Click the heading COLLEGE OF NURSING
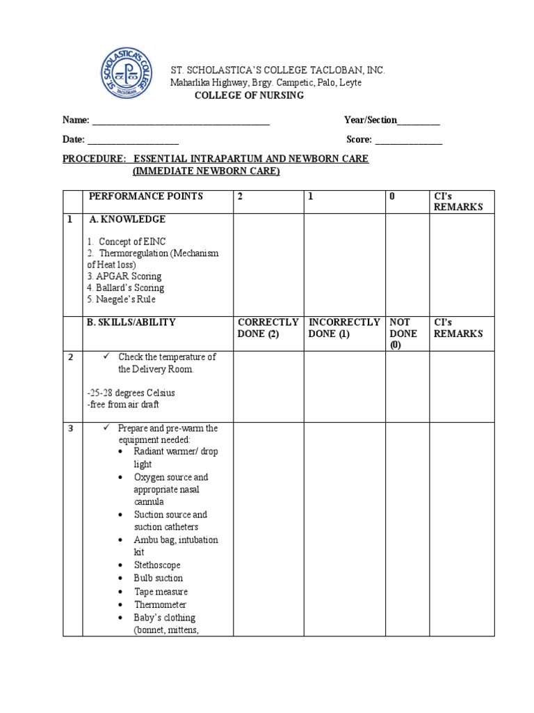coord(248,95)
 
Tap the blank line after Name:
coord(181,122)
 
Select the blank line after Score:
coord(408,141)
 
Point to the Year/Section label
coord(371,120)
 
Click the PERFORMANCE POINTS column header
coord(145,196)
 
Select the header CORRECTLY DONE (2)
coord(268,328)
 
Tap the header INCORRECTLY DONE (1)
coord(344,328)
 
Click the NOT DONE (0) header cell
coord(403,334)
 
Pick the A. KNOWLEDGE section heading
coord(127,219)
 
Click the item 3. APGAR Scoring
coord(124,276)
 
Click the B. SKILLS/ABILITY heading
coord(131,322)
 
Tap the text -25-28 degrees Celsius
coord(131,393)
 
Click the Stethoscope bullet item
coord(157,565)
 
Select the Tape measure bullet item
coord(161,592)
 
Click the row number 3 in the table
coord(71,428)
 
